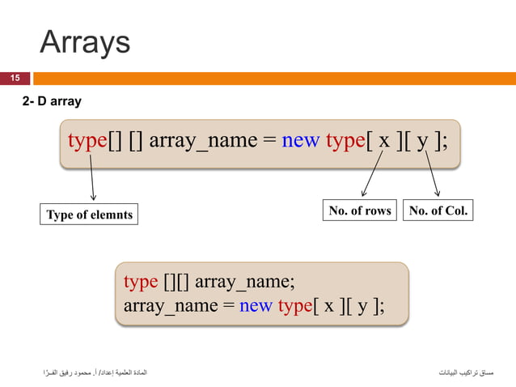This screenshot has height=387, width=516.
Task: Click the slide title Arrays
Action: click(84, 42)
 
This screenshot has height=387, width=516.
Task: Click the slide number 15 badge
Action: click(15, 79)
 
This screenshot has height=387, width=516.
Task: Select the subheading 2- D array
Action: click(51, 102)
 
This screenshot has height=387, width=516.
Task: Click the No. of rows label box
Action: click(359, 211)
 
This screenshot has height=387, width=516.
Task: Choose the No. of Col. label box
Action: click(438, 211)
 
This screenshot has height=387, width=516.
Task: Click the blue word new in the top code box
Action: click(301, 141)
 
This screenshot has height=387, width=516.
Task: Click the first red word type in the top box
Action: click(87, 141)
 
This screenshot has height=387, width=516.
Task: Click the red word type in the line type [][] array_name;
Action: click(141, 282)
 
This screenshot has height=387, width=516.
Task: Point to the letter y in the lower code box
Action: click(363, 307)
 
